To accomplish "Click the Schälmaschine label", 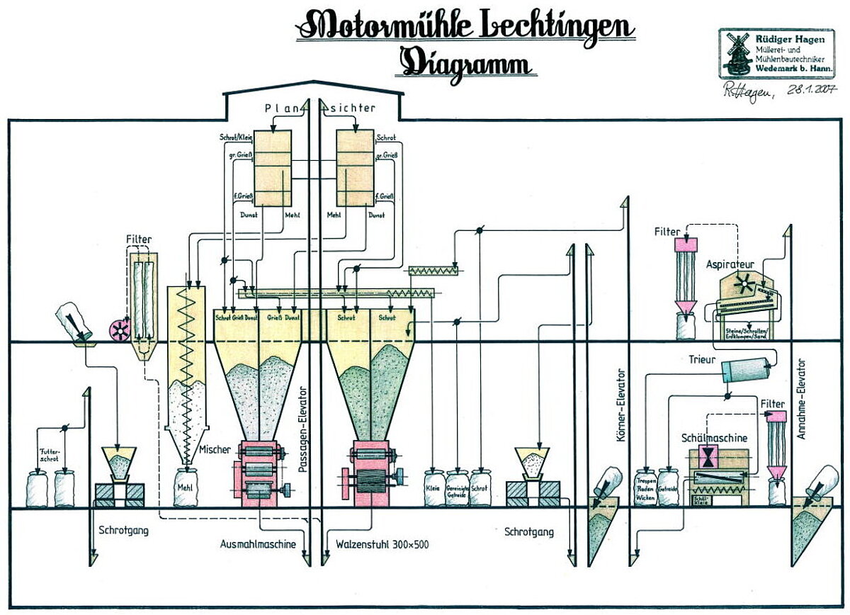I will pos(714,439).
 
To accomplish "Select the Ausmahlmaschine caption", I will pos(258,545).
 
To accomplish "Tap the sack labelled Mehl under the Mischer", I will pos(186,488).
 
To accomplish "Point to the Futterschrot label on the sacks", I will pos(50,453).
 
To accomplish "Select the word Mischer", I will pos(215,449).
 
